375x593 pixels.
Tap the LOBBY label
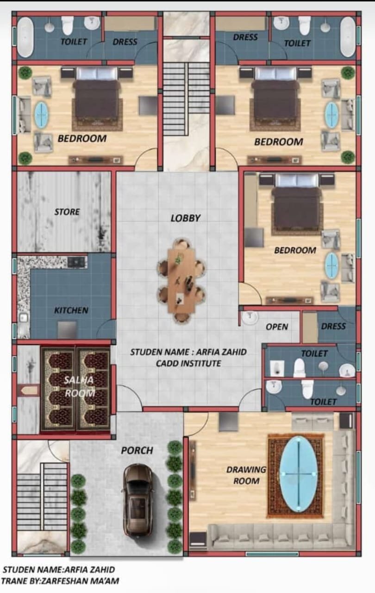pos(186,218)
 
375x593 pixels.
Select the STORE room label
pos(67,212)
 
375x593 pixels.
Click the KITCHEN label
pos(71,310)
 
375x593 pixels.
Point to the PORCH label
pos(137,450)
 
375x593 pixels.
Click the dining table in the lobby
pos(181,281)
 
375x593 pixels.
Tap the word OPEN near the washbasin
pos(277,327)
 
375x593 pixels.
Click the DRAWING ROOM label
pos(246,475)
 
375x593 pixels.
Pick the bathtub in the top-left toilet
pos(25,37)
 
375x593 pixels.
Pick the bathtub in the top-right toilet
pos(348,37)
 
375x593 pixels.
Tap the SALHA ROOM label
pos(79,386)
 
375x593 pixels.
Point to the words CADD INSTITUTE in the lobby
pos(188,363)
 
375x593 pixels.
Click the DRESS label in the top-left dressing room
pos(125,42)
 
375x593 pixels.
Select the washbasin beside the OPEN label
pos(250,318)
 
